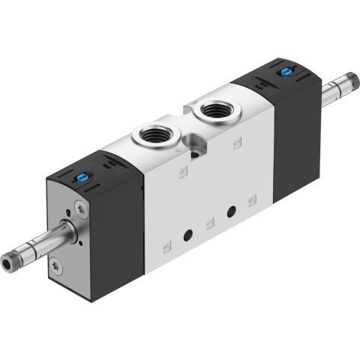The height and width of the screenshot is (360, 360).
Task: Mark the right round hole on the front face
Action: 232,211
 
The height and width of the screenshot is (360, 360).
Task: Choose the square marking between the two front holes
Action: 210,223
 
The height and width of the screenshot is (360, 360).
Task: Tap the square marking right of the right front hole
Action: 252,200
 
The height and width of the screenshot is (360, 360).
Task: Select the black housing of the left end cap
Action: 120,225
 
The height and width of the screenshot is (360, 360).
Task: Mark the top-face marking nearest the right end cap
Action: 236,142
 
